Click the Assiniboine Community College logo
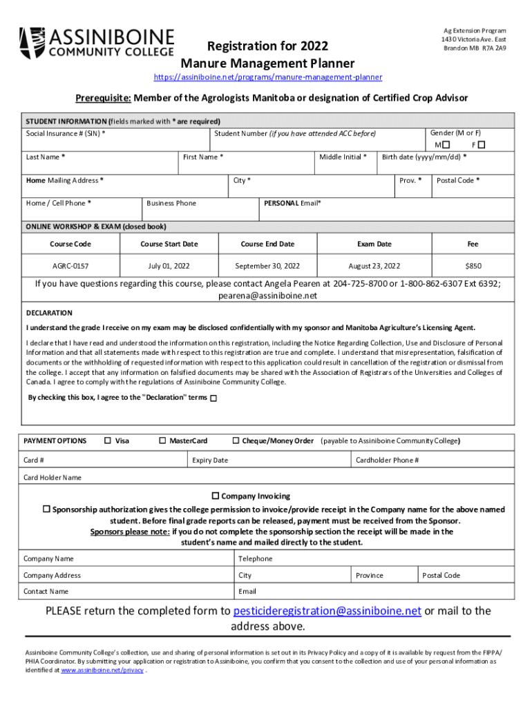coord(97,42)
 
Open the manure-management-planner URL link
coord(267,77)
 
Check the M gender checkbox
coord(446,145)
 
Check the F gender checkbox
coord(482,145)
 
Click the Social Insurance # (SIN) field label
coord(66,133)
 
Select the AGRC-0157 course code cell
coord(70,266)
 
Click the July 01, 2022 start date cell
coord(169,266)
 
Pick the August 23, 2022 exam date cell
coord(374,266)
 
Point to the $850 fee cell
coord(473,266)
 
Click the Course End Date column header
coord(267,244)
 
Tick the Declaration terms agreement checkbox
coord(213,398)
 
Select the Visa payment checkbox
coord(108,440)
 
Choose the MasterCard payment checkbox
coord(162,440)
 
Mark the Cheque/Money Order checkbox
coord(236,440)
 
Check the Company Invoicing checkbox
coord(216,496)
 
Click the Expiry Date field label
coord(210,461)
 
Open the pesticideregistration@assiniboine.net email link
coord(327,611)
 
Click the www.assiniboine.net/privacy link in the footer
coord(102,670)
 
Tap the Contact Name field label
coord(46,592)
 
